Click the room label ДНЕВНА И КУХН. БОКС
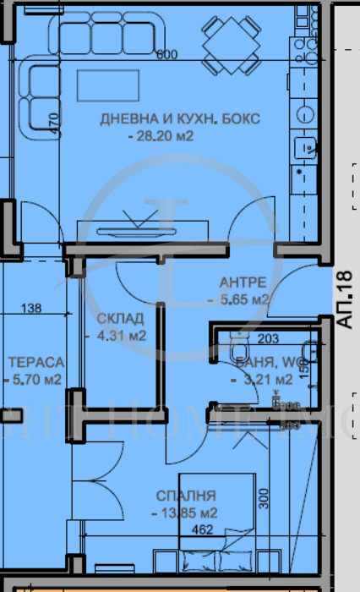click(x=181, y=118)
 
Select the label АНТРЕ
click(x=243, y=282)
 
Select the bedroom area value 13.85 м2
click(x=185, y=513)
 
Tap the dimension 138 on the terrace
click(x=30, y=309)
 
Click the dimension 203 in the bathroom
click(x=267, y=340)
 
